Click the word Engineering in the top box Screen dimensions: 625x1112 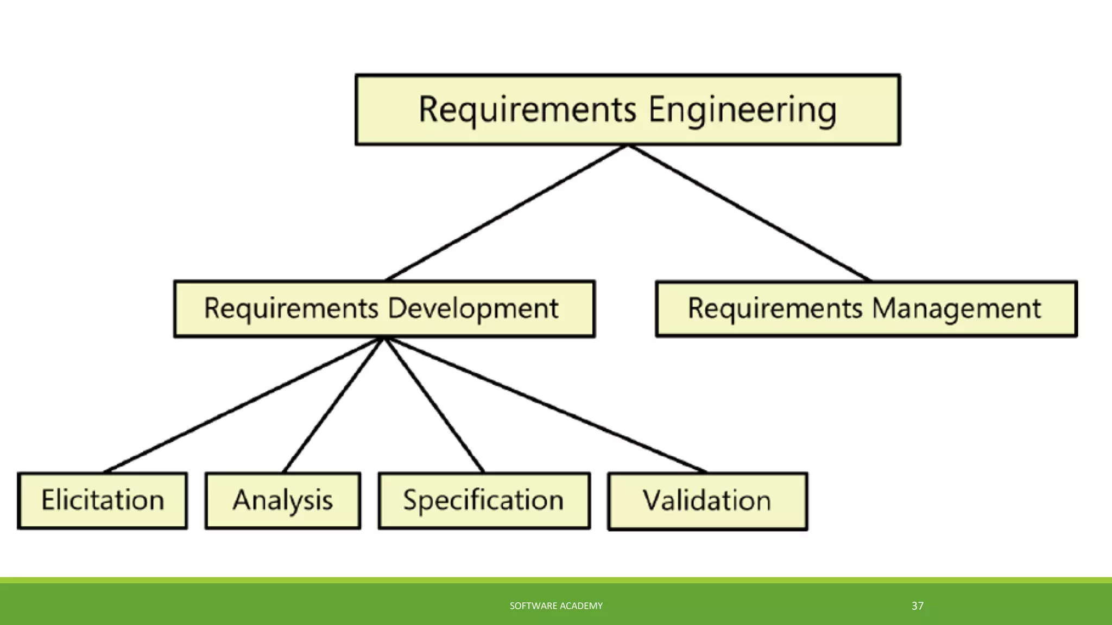tap(742, 110)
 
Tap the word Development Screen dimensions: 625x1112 tap(472, 309)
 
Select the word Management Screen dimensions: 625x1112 tap(956, 309)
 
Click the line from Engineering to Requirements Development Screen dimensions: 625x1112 tap(506, 213)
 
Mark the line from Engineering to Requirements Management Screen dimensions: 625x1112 tap(749, 213)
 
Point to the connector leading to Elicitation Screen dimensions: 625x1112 tap(243, 405)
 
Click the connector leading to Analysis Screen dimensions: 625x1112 tap(333, 405)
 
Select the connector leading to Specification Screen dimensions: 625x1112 tap(433, 405)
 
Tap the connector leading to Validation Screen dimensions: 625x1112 tap(545, 405)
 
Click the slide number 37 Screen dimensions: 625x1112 tap(917, 606)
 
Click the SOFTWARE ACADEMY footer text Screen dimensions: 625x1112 tap(556, 606)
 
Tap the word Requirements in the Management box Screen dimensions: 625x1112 tap(775, 309)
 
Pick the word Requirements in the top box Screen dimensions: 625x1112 tap(527, 110)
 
